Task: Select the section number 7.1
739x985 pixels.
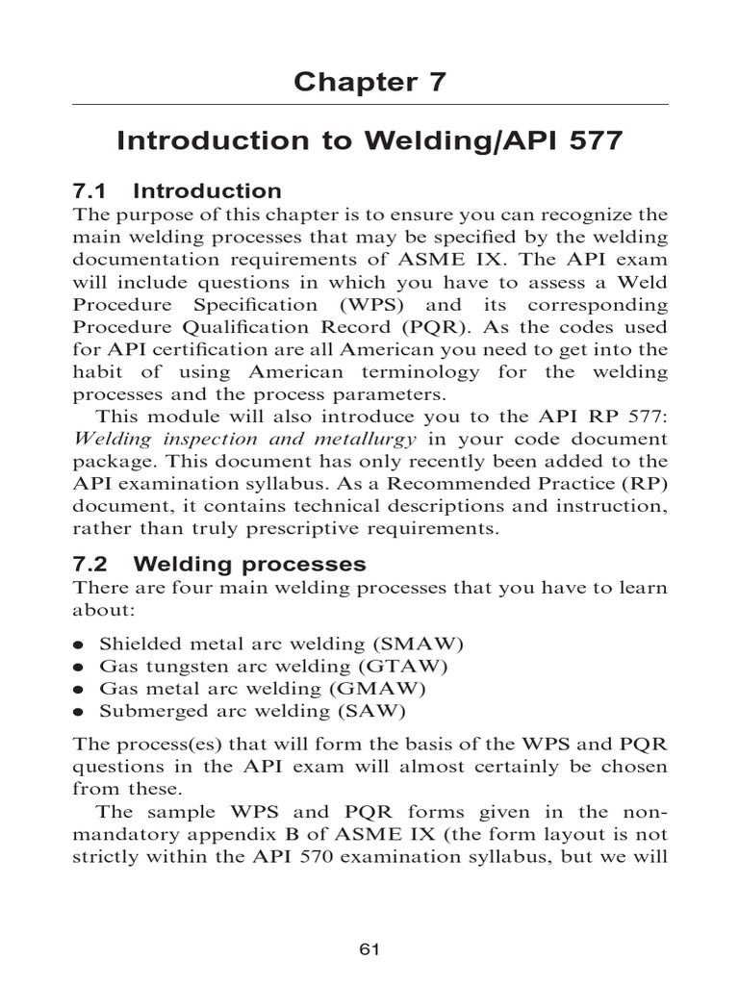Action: [94, 190]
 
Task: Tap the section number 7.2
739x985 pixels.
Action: [94, 564]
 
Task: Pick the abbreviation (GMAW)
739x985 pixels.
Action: [377, 689]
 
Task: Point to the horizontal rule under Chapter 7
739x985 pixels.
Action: [369, 104]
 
